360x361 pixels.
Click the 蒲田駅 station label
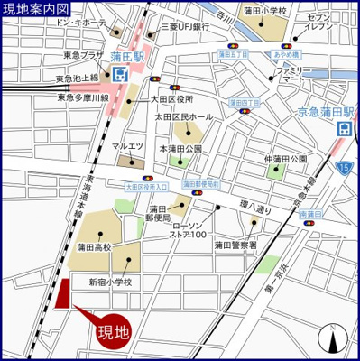click(128, 55)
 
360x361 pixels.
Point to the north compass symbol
click(334, 339)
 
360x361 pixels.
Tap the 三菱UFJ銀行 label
click(186, 27)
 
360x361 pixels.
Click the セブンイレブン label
click(323, 23)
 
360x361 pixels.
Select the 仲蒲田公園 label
click(286, 160)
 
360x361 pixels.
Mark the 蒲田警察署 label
click(235, 245)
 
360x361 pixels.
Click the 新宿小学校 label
click(110, 282)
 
